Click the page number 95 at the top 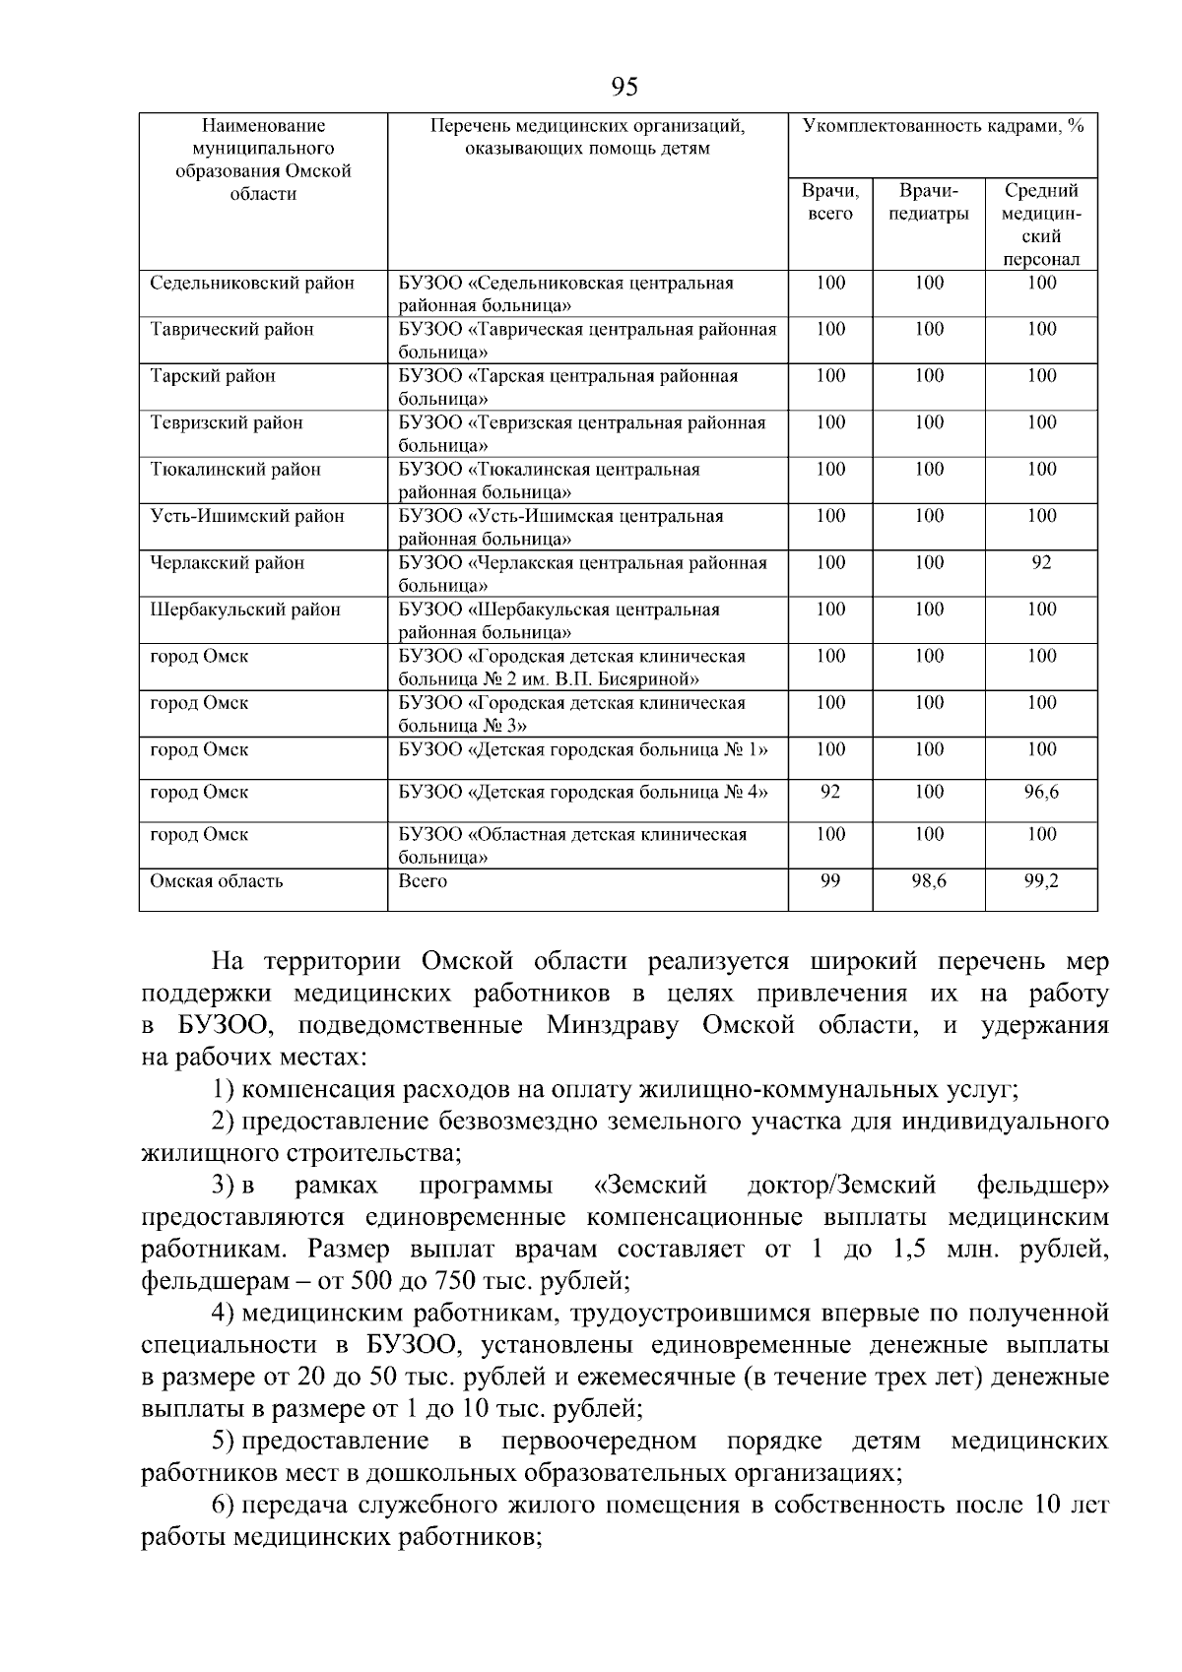click(624, 88)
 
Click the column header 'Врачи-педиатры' click(928, 202)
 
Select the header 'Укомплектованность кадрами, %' click(943, 126)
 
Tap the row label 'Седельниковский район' click(252, 284)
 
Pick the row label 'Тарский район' click(213, 376)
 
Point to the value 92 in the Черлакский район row click(1041, 563)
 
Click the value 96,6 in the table click(1041, 793)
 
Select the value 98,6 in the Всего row click(928, 881)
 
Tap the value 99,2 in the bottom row click(1041, 881)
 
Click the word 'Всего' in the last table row click(423, 881)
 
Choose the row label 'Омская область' click(217, 881)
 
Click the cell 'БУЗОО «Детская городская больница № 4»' click(583, 793)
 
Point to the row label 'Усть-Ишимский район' click(247, 517)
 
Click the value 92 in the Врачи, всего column click(830, 793)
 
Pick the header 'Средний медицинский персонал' click(1041, 225)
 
